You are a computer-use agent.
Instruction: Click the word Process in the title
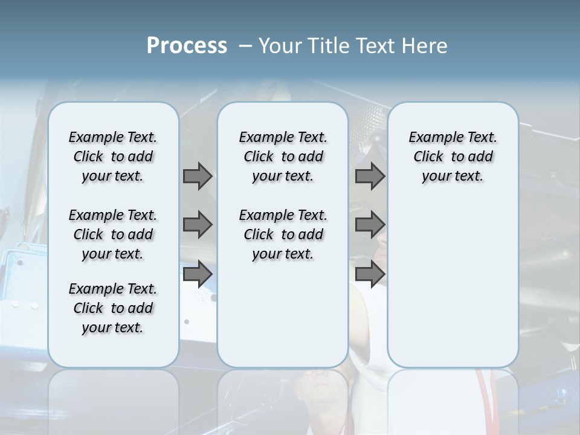(187, 46)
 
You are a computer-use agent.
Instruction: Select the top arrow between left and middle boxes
(198, 176)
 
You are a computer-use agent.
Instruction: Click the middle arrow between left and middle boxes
(198, 225)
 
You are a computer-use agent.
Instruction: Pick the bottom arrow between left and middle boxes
(198, 274)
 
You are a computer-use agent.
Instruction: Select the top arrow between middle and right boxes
(370, 176)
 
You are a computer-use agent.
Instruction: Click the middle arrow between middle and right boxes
(370, 225)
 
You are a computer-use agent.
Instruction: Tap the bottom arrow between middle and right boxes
(370, 274)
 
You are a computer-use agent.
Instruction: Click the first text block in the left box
(113, 156)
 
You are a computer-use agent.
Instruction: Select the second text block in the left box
(113, 234)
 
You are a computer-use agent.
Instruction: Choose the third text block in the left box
(113, 308)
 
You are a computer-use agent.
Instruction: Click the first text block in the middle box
(283, 156)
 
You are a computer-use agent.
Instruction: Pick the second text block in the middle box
(283, 234)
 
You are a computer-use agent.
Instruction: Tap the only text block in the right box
(453, 156)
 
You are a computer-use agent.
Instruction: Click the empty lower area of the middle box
(283, 314)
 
